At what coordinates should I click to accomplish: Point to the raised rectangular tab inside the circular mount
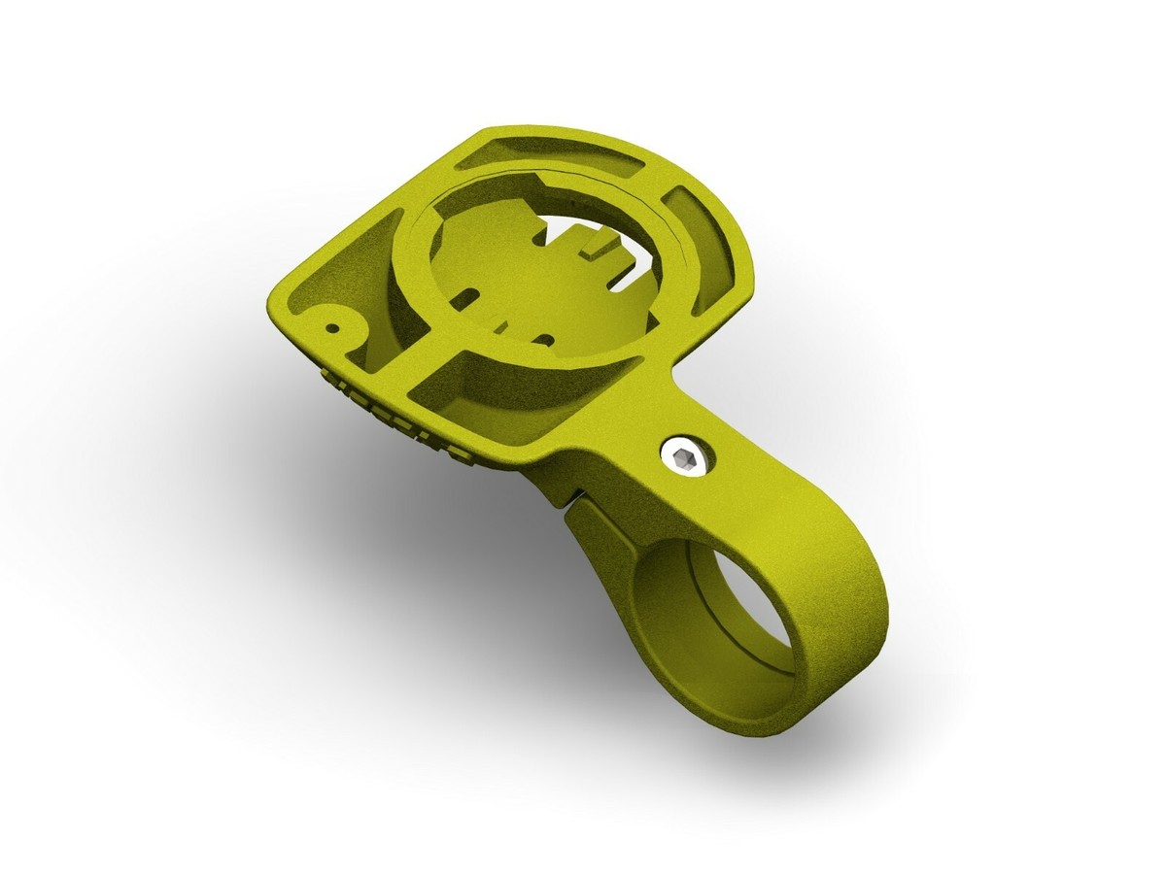point(593,246)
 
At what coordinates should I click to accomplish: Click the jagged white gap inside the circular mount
point(564,233)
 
